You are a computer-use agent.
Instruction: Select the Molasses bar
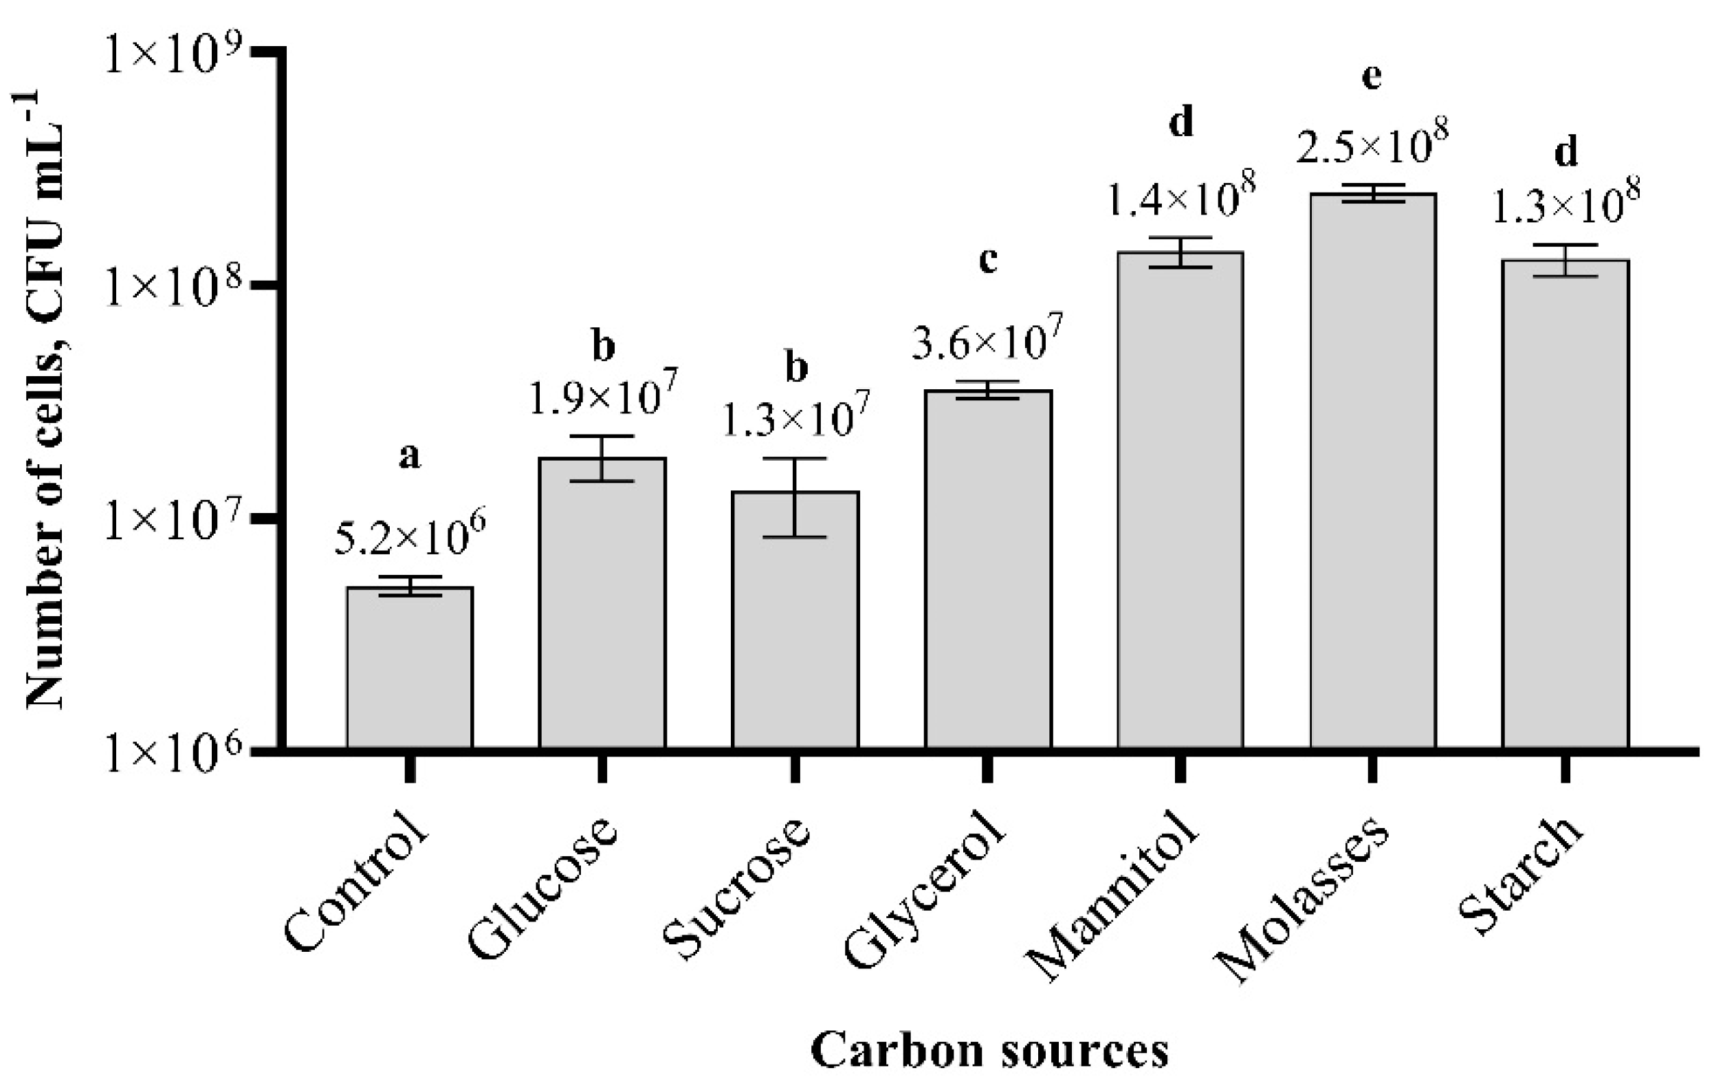coord(1373,470)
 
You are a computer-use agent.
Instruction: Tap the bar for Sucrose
coord(795,620)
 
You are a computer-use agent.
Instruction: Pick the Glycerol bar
coord(988,569)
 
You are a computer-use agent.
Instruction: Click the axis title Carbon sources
coord(989,1051)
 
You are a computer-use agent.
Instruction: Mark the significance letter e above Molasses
coord(1371,77)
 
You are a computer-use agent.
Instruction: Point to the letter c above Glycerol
coord(987,261)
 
